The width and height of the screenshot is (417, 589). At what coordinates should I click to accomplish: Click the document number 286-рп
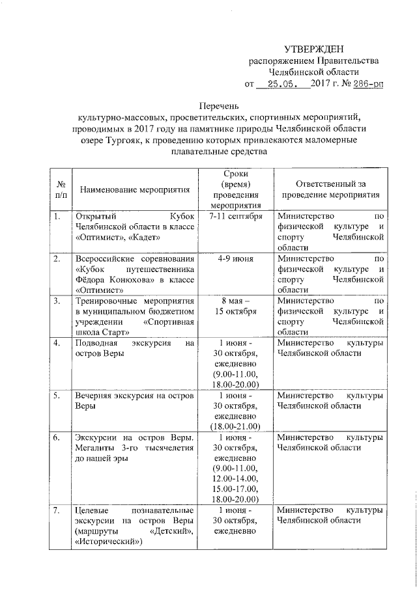coord(373,84)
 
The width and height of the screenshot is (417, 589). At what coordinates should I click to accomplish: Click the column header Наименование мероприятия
coord(135,189)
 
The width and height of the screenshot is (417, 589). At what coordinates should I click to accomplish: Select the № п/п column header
coord(60,189)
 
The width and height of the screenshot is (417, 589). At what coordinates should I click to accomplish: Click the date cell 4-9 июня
coord(237,259)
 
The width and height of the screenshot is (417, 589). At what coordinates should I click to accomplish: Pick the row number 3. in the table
coord(57,301)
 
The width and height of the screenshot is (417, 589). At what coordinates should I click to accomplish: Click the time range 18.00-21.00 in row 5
coord(237,426)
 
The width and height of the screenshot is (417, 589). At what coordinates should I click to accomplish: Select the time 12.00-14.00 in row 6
coord(237,479)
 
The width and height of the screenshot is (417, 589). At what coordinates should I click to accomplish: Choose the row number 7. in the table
coord(57,510)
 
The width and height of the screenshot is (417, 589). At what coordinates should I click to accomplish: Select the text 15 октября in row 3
coord(237,312)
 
